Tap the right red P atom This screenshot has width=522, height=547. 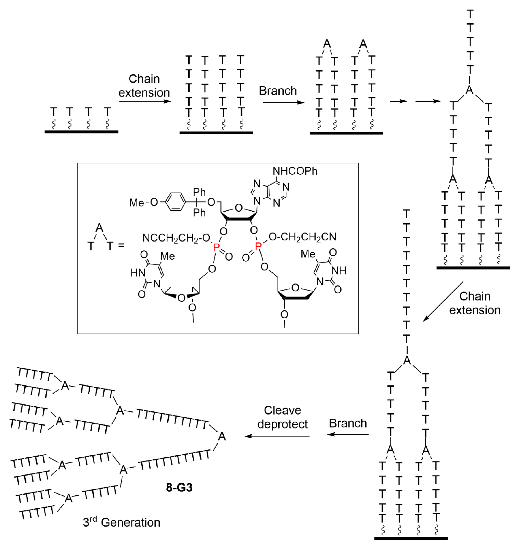click(258, 246)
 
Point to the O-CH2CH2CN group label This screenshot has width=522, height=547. click(303, 237)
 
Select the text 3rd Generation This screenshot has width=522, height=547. click(122, 522)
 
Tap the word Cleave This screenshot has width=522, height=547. click(282, 410)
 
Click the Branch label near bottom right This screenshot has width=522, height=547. click(348, 423)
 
